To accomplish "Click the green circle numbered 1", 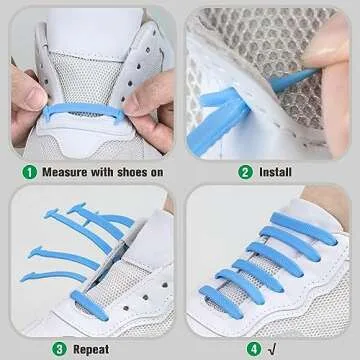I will point(30,171).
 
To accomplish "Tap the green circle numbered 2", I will point(245,171).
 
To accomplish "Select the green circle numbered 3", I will point(58,349).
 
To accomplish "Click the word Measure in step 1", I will point(66,171).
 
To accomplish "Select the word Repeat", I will point(90,349).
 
